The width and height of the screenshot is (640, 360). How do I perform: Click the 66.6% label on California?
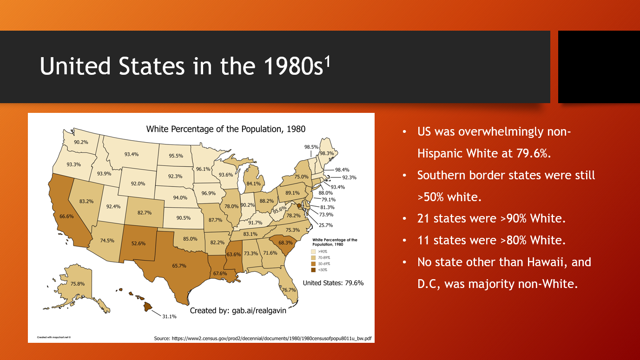tap(66, 216)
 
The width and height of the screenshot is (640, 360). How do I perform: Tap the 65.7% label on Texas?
tap(179, 266)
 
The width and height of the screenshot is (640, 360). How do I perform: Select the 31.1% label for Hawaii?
tap(170, 316)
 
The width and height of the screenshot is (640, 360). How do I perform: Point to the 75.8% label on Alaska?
tap(78, 284)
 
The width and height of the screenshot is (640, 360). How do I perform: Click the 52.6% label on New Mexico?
tap(139, 243)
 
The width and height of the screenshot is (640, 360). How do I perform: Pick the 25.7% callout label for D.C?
tap(326, 225)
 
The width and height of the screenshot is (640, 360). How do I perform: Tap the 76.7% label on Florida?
tap(289, 290)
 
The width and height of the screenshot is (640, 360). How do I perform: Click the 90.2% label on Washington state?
tap(81, 142)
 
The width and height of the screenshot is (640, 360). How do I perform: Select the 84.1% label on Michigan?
tap(253, 183)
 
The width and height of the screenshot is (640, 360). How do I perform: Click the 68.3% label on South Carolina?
tap(285, 242)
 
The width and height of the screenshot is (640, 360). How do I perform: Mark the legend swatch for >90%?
tap(313, 252)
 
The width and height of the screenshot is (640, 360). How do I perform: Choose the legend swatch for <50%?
tap(313, 270)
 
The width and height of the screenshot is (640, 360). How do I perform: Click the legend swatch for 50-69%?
tap(313, 264)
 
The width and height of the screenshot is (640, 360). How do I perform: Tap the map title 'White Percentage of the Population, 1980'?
tap(226, 129)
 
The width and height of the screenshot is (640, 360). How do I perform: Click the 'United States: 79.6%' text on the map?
tap(333, 283)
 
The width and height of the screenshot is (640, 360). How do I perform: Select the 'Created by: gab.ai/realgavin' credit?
tap(238, 311)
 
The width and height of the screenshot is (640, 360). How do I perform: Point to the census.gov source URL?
tap(271, 339)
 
